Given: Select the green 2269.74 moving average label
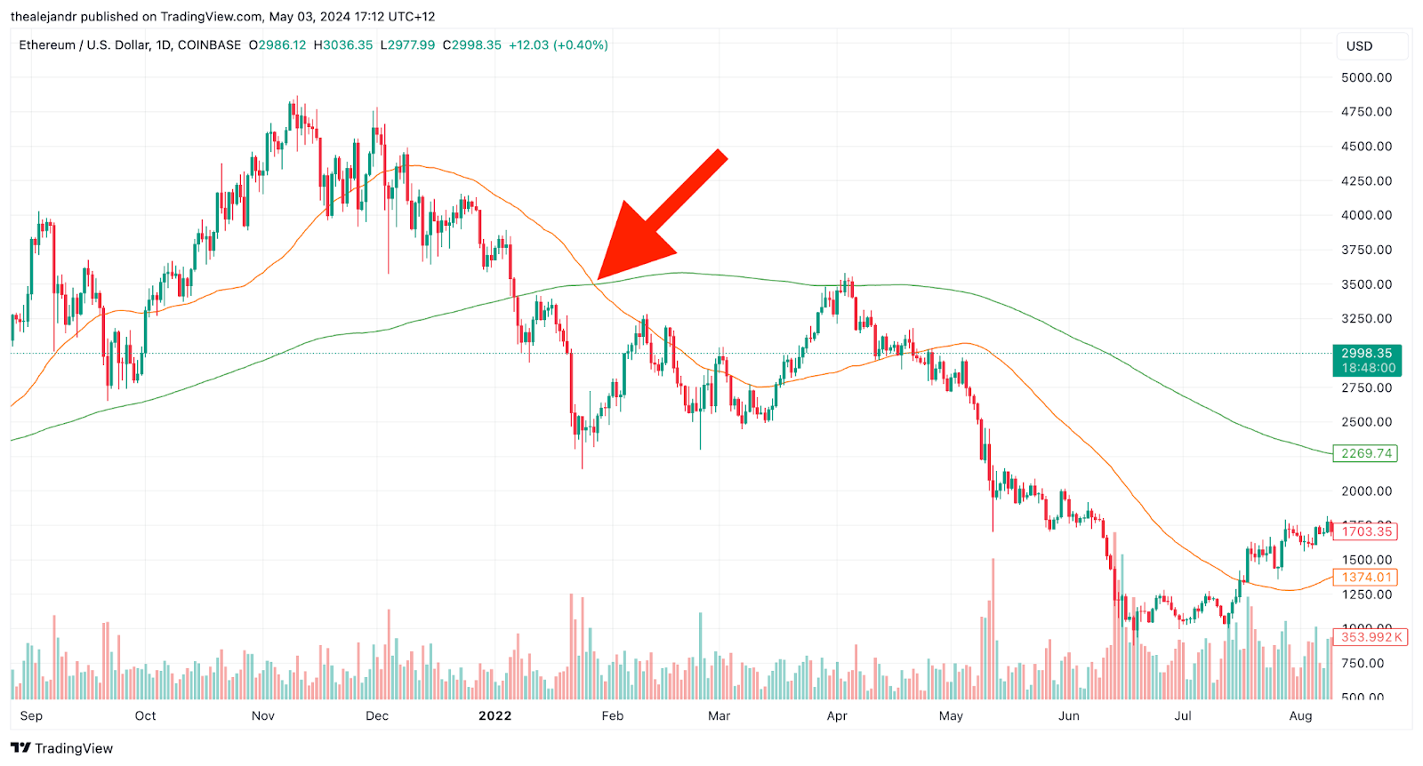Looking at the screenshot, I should click(1365, 453).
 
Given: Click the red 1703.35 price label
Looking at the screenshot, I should click(1365, 531).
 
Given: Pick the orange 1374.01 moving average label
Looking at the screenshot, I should click(1365, 578).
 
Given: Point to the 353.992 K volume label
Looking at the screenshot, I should click(1371, 636).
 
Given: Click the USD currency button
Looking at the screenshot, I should click(1359, 46).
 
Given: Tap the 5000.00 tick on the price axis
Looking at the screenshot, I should click(1366, 77).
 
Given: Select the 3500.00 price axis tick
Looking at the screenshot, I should click(1366, 284).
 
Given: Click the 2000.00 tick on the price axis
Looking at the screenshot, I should click(1366, 491).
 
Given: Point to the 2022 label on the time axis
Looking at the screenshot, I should click(494, 715).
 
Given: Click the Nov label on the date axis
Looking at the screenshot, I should click(263, 715).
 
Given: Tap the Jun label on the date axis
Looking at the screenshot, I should click(1068, 715).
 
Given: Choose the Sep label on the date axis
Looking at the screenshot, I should click(31, 715).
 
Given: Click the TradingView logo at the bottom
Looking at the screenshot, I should click(62, 748).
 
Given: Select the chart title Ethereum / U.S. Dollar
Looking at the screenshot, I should click(84, 44).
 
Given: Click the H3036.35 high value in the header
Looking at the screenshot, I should click(342, 44).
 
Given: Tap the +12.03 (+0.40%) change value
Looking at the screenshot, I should click(558, 44).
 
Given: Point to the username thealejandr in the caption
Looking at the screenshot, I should click(43, 16).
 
